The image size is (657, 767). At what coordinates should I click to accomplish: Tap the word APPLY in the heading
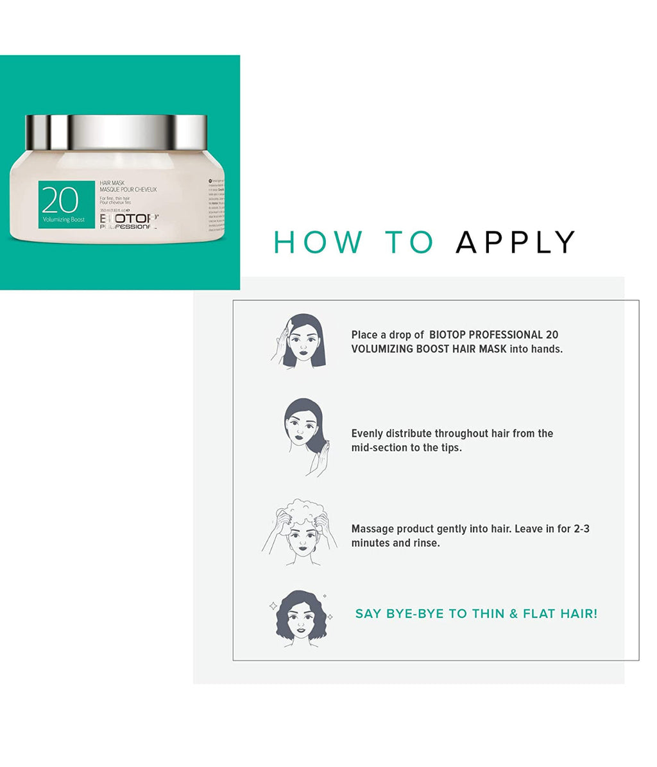tap(515, 242)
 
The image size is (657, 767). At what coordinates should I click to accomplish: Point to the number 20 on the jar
tap(60, 200)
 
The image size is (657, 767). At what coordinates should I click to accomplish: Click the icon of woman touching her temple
tap(299, 341)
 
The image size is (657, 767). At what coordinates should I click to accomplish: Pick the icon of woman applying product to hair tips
tap(303, 436)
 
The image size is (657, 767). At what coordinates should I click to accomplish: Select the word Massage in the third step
tap(371, 530)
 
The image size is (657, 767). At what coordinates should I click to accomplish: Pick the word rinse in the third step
tap(426, 544)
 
